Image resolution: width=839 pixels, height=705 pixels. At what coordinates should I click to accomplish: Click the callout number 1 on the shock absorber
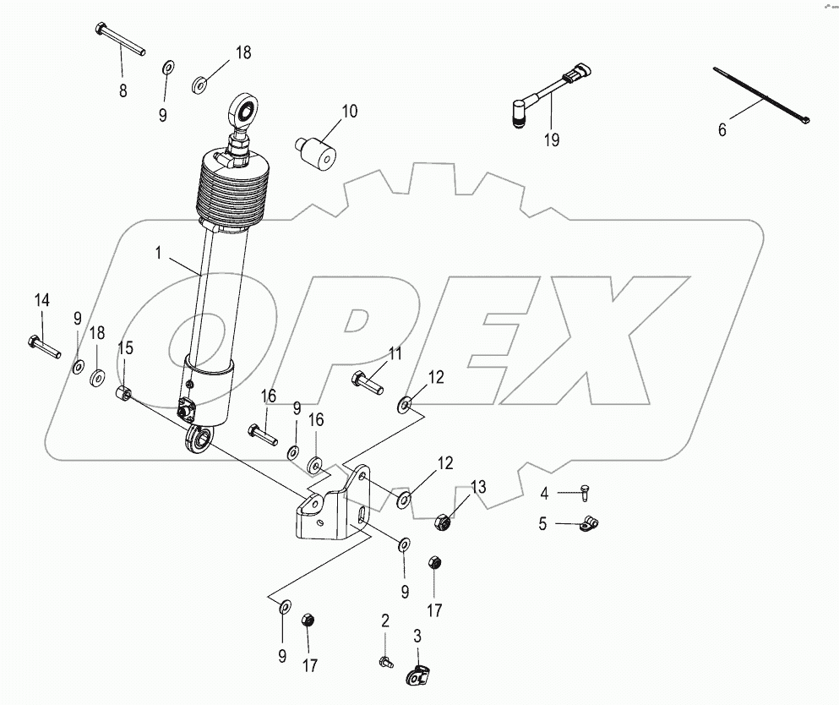[x=158, y=253]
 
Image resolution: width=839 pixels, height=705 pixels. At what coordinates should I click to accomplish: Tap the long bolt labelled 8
[x=121, y=39]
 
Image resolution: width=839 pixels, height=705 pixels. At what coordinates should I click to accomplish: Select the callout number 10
[x=350, y=112]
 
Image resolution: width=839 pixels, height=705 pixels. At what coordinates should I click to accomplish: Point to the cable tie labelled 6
[x=761, y=95]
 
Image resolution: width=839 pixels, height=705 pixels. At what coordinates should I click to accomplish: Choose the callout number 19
[x=552, y=140]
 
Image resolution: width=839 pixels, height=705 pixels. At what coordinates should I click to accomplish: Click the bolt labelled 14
[x=43, y=347]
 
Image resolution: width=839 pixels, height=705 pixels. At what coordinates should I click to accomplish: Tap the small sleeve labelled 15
[x=124, y=393]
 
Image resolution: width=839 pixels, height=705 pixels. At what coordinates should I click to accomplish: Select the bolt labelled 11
[x=368, y=382]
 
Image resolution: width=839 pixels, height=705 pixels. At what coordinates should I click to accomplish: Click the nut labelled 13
[x=443, y=521]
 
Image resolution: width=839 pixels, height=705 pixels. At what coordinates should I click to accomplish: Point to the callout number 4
[x=544, y=493]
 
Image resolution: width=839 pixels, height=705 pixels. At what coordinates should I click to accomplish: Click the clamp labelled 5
[x=589, y=523]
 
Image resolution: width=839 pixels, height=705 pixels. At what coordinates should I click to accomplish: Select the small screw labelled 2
[x=386, y=662]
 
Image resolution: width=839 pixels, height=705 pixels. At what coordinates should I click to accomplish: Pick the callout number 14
[x=42, y=300]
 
